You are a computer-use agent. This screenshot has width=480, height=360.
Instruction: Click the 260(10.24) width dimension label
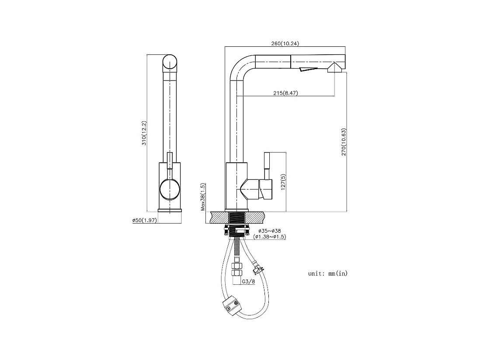coord(285,43)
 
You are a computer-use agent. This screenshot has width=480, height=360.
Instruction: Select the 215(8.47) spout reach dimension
coord(285,93)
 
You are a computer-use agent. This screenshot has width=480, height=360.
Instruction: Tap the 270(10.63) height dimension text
coord(344,142)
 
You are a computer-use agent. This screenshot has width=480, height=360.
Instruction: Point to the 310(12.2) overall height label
coord(144,133)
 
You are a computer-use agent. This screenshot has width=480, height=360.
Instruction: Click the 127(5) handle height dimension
coord(283,182)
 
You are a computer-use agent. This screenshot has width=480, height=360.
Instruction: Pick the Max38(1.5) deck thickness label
coord(203,197)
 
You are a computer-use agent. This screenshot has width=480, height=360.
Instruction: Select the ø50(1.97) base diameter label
coord(145,220)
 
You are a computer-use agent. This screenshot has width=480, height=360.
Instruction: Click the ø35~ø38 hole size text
coord(269,231)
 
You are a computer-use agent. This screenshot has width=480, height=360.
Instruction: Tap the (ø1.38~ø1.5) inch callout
coord(270,237)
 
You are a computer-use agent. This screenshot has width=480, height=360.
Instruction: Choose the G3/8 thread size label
coord(248,282)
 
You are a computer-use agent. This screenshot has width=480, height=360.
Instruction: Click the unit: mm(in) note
coord(328,273)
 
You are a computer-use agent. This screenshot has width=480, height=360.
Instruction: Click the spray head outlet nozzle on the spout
coord(334,67)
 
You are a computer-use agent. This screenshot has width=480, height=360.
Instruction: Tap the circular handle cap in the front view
coord(170,189)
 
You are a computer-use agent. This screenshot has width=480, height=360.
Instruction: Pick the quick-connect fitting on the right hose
coord(257,269)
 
